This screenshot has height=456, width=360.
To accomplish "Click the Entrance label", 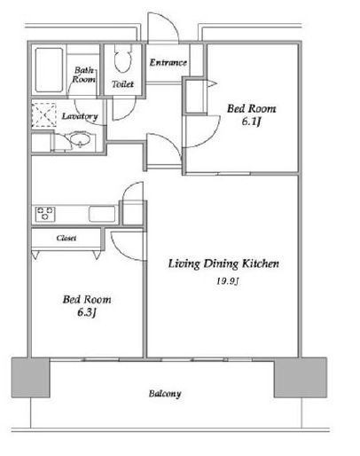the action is click(x=168, y=62).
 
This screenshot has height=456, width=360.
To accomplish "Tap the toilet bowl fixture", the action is click(x=122, y=59).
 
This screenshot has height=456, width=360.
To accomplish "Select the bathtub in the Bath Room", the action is click(x=49, y=70).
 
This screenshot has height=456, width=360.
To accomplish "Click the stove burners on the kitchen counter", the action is click(x=45, y=214).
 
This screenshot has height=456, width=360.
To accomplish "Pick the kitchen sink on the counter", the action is click(x=102, y=214).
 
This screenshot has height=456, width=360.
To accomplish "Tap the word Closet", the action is click(x=67, y=238).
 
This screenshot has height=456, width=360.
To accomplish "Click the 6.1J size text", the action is click(x=251, y=122).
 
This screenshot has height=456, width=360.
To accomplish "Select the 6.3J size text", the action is click(x=87, y=312).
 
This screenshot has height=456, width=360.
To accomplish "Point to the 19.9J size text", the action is click(x=227, y=281).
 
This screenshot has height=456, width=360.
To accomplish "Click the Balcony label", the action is click(x=165, y=394).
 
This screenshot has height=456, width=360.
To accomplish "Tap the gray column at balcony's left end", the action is click(x=30, y=377).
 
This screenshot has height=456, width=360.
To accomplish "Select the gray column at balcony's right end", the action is click(x=301, y=377).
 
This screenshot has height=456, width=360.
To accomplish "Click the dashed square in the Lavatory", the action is click(x=43, y=115).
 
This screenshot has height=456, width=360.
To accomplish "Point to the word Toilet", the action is click(x=122, y=84).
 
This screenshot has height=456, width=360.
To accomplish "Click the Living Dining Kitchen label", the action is click(x=223, y=263).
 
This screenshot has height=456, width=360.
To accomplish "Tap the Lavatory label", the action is click(x=80, y=116).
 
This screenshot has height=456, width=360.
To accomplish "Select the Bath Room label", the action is click(x=84, y=75).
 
